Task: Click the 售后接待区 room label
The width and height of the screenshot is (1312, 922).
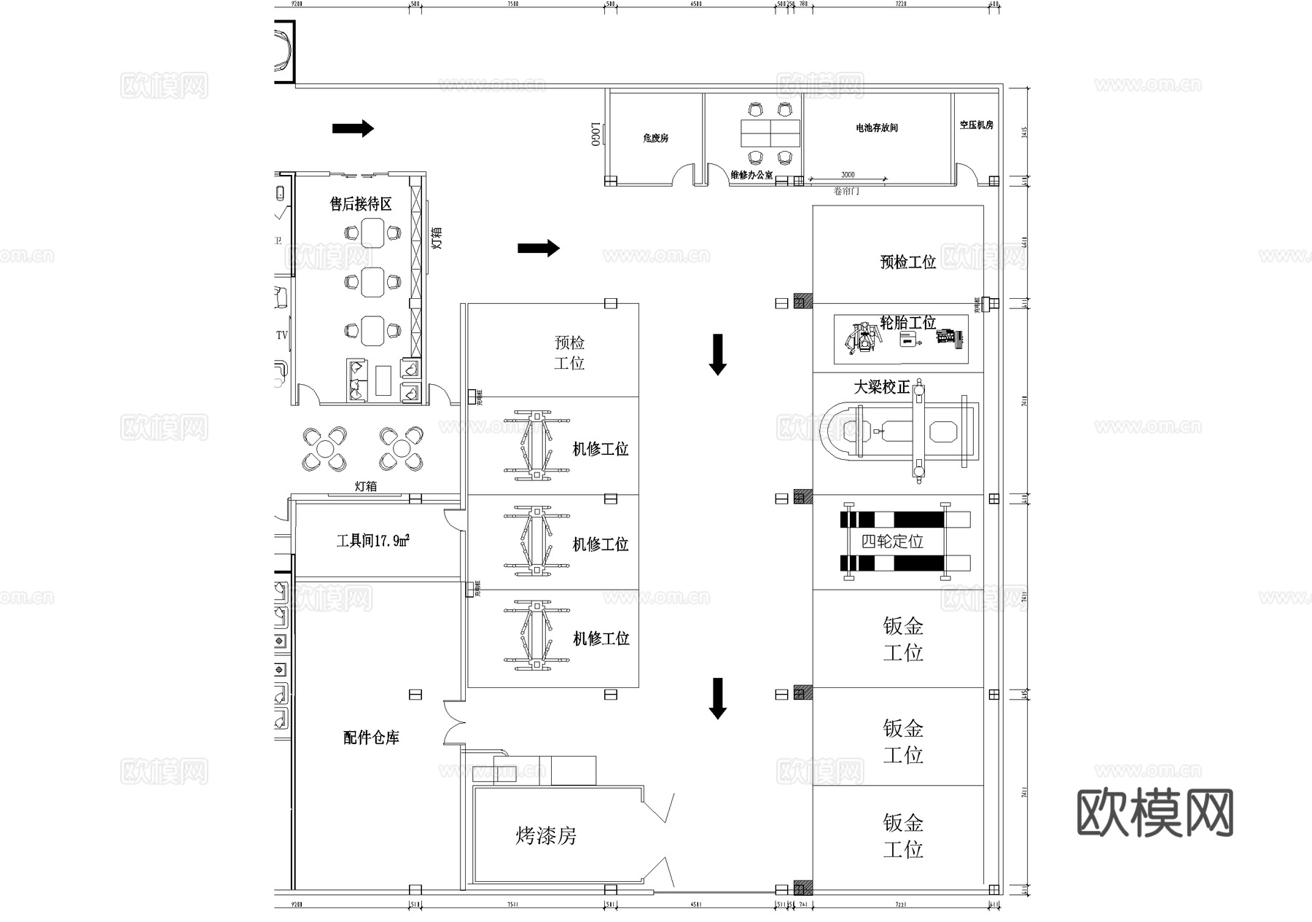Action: pyautogui.click(x=361, y=204)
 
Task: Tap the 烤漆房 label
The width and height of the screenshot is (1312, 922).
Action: pyautogui.click(x=546, y=835)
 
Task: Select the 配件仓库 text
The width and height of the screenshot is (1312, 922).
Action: pyautogui.click(x=371, y=738)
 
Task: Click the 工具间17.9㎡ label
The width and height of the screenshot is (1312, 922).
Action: pyautogui.click(x=372, y=541)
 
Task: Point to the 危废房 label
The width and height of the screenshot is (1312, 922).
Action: pyautogui.click(x=655, y=138)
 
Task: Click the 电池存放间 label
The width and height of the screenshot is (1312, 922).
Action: pyautogui.click(x=876, y=128)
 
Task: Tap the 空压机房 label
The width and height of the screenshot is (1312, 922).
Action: pyautogui.click(x=976, y=125)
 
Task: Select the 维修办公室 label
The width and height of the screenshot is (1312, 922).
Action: pyautogui.click(x=751, y=175)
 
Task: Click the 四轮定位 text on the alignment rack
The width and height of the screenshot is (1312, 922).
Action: pyautogui.click(x=892, y=542)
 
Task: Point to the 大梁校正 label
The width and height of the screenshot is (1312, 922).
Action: pyautogui.click(x=882, y=387)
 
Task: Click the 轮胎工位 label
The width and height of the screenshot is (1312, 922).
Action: pyautogui.click(x=907, y=322)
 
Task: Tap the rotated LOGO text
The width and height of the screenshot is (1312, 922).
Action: pyautogui.click(x=596, y=134)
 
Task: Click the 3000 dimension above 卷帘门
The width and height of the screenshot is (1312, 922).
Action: pyautogui.click(x=848, y=175)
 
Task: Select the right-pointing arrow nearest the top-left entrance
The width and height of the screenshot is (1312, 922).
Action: pyautogui.click(x=353, y=129)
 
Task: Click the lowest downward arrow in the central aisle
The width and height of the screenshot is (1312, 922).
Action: pyautogui.click(x=718, y=698)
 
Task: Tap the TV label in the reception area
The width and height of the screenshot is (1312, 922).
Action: pyautogui.click(x=282, y=335)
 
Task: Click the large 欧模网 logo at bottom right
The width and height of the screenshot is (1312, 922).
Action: pyautogui.click(x=1155, y=813)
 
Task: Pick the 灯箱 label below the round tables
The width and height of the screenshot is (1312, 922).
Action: pyautogui.click(x=366, y=486)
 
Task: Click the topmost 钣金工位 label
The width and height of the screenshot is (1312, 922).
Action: pyautogui.click(x=903, y=639)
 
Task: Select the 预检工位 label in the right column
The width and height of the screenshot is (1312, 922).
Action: pyautogui.click(x=907, y=262)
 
